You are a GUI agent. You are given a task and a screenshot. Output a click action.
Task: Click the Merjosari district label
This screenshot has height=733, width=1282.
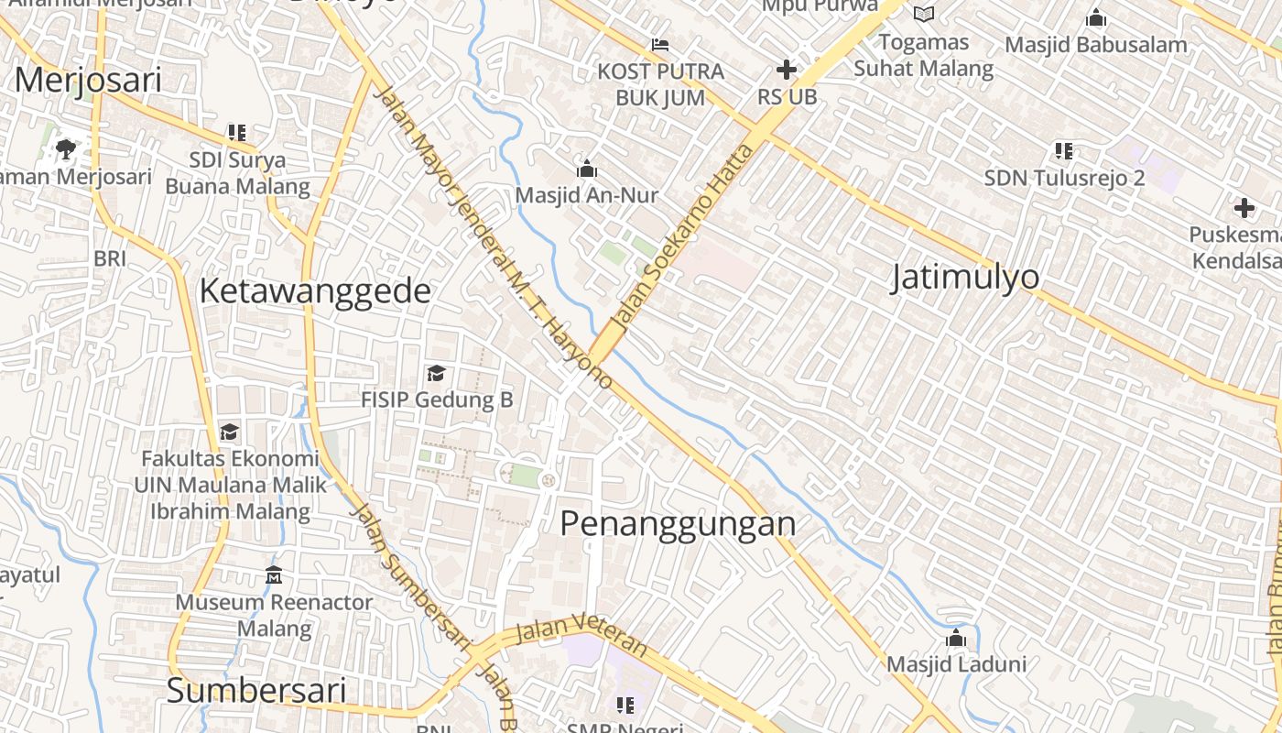click(88, 81)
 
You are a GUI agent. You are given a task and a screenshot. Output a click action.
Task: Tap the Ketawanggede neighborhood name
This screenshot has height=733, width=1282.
click(314, 291)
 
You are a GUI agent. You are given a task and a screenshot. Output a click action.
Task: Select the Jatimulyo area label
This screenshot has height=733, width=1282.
click(966, 277)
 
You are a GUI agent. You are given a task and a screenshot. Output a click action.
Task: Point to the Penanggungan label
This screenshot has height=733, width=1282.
click(678, 524)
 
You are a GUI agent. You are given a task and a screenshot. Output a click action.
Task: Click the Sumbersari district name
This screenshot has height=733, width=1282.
click(256, 691)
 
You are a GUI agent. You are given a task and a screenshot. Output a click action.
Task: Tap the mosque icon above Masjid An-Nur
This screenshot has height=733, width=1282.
click(587, 169)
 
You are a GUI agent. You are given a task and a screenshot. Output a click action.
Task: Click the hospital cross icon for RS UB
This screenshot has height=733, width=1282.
click(786, 70)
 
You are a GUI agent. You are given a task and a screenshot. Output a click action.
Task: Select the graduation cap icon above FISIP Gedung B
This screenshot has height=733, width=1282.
click(436, 373)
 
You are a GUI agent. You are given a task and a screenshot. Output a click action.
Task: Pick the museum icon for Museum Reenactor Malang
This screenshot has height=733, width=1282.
click(274, 575)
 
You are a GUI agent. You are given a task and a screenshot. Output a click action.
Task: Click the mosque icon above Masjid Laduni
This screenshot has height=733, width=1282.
click(956, 638)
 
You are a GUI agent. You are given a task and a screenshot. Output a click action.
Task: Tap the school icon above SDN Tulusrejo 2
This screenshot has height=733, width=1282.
click(1063, 150)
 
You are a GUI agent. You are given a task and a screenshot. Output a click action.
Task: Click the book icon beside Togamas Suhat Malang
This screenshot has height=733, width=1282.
click(924, 14)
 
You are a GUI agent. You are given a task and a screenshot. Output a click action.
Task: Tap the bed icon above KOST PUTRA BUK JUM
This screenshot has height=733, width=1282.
click(660, 44)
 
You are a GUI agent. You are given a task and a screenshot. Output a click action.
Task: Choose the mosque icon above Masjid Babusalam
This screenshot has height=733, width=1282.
click(1095, 17)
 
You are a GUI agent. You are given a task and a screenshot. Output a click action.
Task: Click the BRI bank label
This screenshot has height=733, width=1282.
click(110, 259)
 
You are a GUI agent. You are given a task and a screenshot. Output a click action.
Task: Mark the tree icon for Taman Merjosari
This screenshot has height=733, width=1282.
click(65, 148)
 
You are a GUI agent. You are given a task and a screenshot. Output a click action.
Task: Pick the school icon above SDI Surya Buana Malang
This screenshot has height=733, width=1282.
click(237, 133)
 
